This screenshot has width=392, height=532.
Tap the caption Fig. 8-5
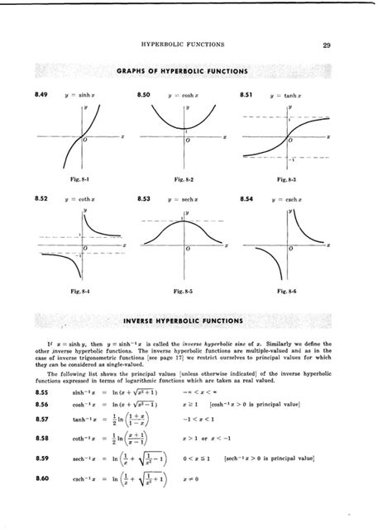pos(182,291)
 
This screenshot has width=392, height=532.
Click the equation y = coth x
pos(71,200)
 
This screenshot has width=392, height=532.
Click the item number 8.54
pos(246,199)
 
